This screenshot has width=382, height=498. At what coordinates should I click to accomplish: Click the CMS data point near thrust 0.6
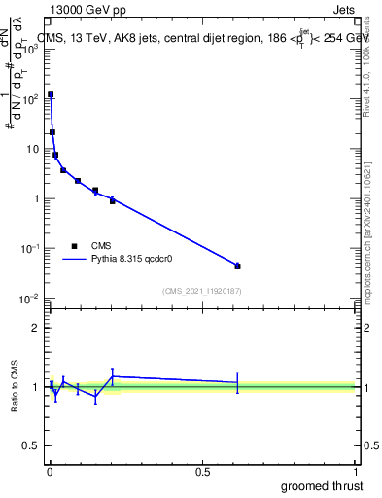237,266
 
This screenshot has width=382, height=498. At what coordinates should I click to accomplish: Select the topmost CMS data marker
51,95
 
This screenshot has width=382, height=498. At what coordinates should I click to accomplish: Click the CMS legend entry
101,246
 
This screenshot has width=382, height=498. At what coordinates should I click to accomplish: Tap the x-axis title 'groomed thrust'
322,485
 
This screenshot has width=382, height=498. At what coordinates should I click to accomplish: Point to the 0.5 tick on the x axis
202,471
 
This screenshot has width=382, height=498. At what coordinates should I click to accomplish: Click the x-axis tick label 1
357,471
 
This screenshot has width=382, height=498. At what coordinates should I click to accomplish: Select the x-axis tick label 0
50,471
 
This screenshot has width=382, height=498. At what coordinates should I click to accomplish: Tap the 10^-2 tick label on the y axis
29,299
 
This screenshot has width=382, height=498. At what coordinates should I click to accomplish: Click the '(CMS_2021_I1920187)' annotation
202,291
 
